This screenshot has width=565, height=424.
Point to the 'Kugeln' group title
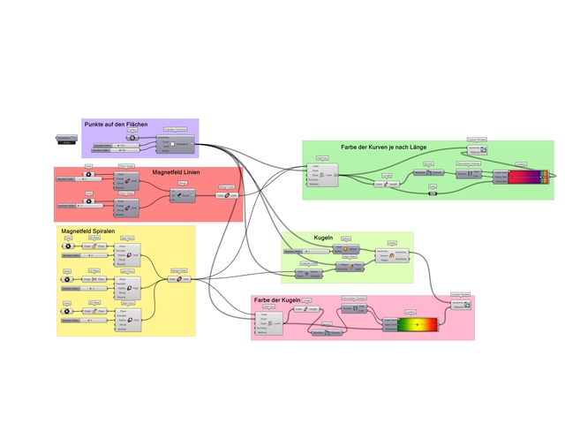point(323,238)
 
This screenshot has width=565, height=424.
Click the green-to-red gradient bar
point(417,325)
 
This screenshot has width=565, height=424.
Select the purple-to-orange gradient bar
point(528,177)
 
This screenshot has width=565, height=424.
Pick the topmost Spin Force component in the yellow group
point(129,257)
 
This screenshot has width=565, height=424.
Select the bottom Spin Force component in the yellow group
point(129,316)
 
